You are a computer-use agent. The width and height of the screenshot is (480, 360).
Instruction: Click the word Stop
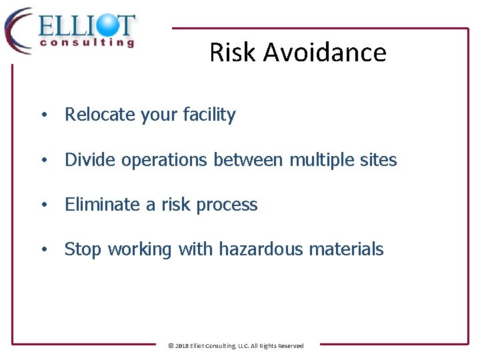[83, 249]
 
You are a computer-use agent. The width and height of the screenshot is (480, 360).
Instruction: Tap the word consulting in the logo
[87, 43]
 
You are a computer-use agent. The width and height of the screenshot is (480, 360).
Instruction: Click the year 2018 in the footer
[181, 346]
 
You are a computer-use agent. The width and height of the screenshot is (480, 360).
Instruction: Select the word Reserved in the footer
[291, 346]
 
